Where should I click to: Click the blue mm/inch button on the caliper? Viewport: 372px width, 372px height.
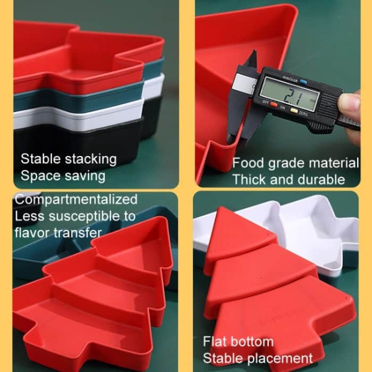[303, 82]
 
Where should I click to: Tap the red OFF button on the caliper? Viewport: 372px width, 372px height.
[274, 104]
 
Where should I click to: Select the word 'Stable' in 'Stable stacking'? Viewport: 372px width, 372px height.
[41, 159]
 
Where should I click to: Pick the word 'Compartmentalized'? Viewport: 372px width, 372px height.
[76, 199]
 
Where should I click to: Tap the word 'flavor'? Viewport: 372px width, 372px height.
[32, 233]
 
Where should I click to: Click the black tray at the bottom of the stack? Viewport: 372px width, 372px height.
[78, 142]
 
